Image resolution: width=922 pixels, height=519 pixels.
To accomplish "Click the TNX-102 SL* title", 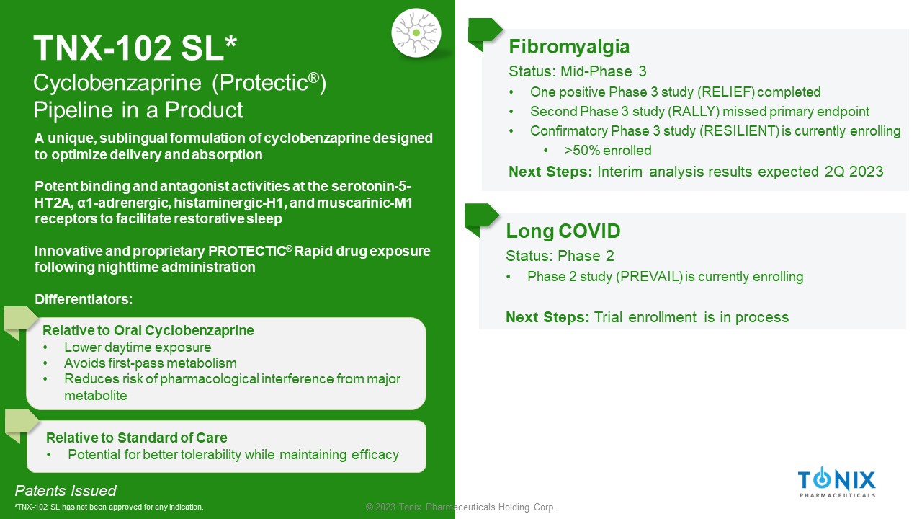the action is pos(135,48).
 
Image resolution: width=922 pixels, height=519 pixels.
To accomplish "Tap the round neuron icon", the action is pos(416,33).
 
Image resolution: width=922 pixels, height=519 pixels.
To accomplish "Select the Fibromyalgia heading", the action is pos(569,47).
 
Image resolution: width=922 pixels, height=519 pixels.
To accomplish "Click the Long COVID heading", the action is pos(563,231).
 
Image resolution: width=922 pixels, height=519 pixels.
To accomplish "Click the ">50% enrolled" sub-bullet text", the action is pos(608,151).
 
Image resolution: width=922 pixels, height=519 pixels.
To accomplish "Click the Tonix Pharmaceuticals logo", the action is pos(837,482).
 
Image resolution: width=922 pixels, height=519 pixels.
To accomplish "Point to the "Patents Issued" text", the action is pos(66,491).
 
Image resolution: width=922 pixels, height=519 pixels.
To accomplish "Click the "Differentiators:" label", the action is pos(84,299).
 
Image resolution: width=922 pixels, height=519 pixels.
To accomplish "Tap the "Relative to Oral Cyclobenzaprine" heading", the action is pos(148,330).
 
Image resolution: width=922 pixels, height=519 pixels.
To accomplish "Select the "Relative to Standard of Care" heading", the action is pos(137,438).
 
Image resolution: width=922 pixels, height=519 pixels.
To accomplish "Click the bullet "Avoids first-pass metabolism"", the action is pos(151,363).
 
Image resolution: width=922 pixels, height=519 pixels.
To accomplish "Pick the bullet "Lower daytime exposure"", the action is pos(138,347).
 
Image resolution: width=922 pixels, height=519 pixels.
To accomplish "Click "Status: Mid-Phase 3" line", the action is pos(578,71).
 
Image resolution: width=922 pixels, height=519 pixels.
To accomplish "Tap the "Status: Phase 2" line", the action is pos(560,256).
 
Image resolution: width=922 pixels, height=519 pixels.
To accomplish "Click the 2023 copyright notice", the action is pos(460,507).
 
